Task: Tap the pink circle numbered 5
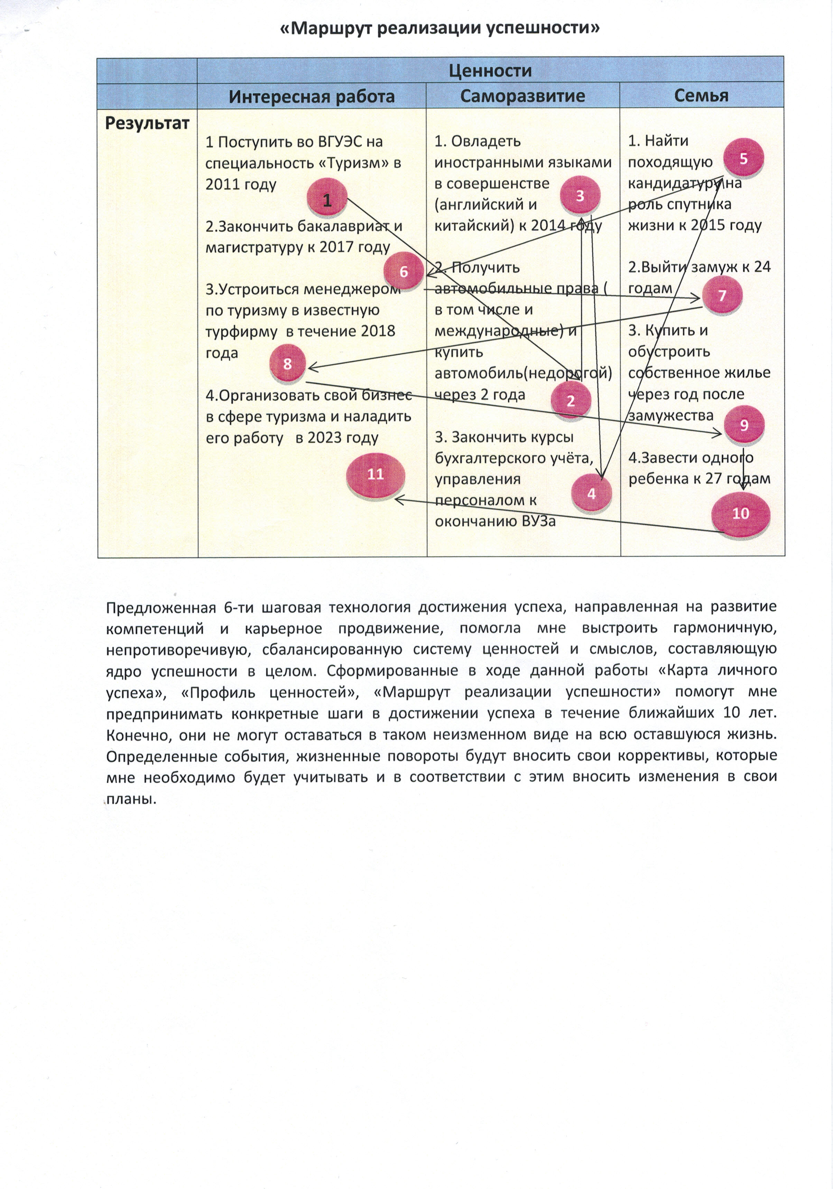coord(743,158)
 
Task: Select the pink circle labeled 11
coord(375,473)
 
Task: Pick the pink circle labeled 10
coord(740,513)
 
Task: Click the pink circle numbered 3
coord(580,196)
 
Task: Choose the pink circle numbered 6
coord(404,271)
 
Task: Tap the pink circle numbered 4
coord(591,493)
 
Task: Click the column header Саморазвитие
coord(522,96)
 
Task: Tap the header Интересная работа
coord(312,96)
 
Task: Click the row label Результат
coord(147,123)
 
